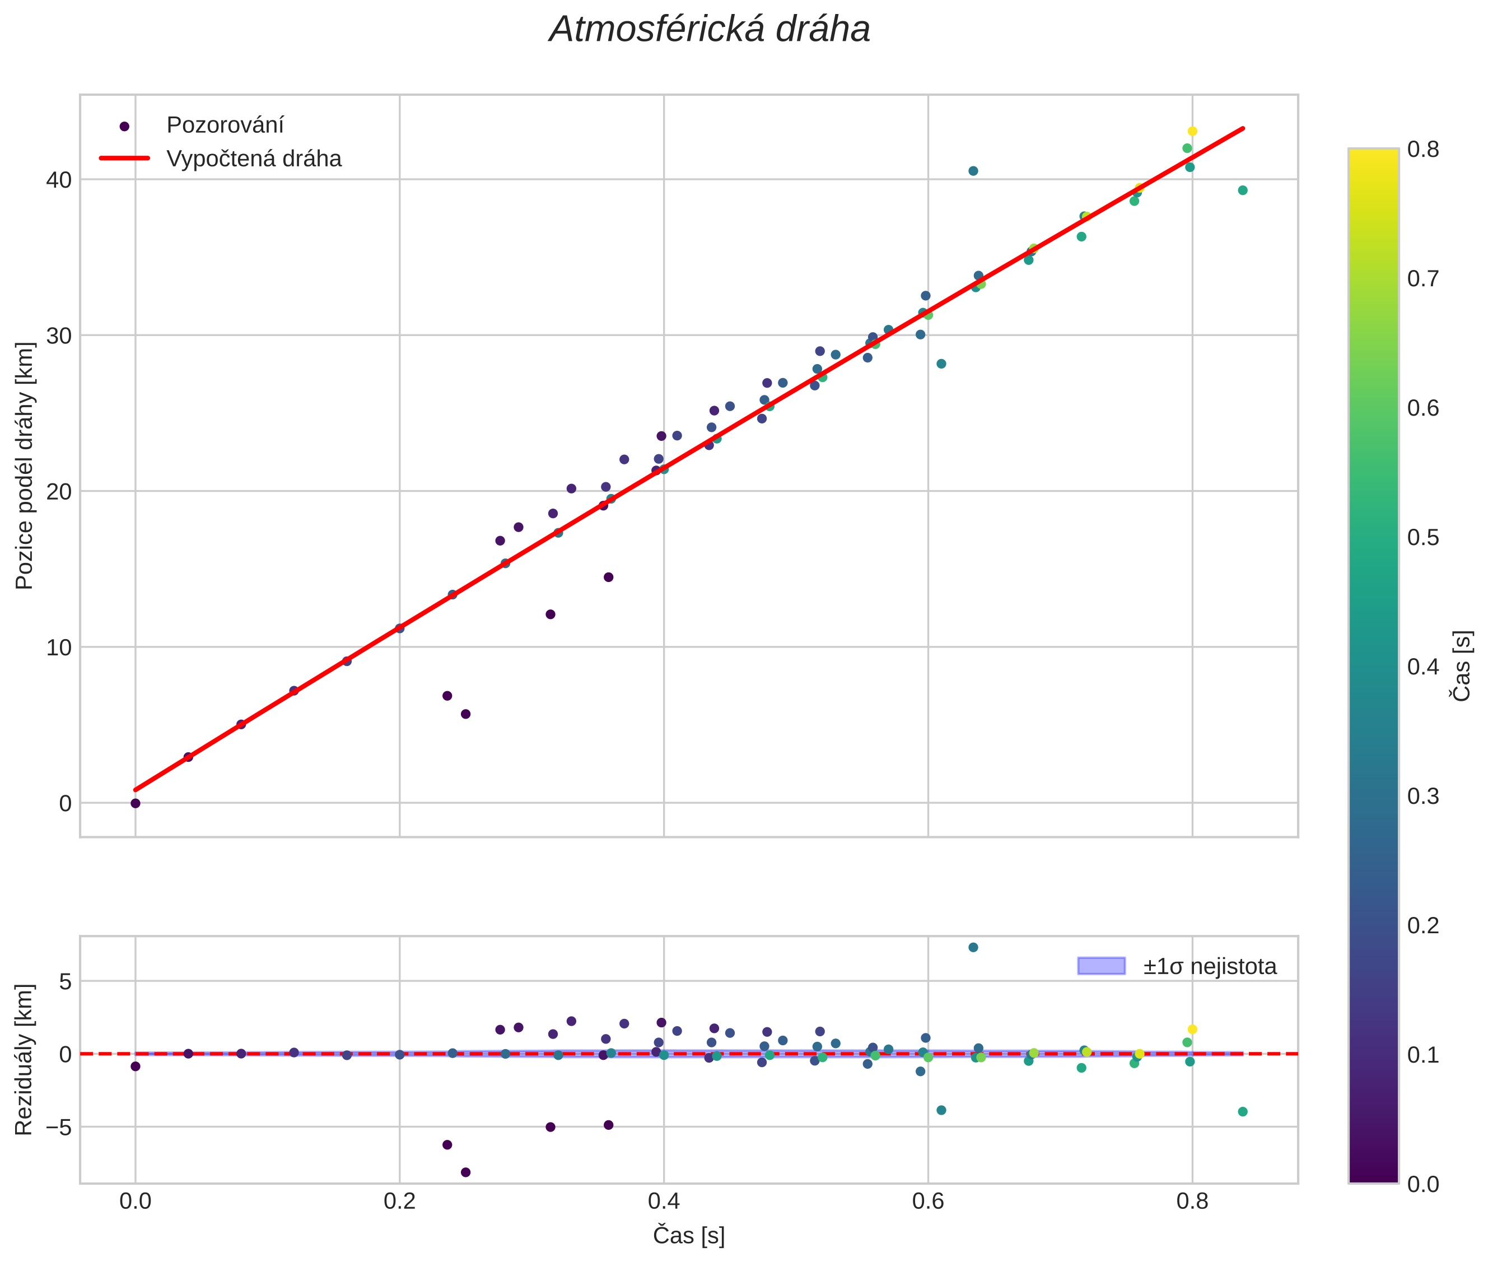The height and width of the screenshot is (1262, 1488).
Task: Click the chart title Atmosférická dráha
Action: coord(709,30)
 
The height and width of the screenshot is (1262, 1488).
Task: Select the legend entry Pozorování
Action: coord(225,125)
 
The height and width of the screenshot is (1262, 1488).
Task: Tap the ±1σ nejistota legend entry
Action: coord(1209,967)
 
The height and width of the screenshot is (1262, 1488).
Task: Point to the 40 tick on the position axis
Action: coord(60,180)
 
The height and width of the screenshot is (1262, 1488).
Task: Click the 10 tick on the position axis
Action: coord(60,648)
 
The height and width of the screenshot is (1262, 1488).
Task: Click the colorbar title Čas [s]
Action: coord(1463,666)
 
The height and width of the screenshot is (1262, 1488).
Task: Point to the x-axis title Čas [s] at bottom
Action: coord(688,1236)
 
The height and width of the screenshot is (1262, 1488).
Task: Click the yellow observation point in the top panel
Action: coord(1192,131)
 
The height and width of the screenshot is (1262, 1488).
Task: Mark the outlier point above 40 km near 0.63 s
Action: coord(973,171)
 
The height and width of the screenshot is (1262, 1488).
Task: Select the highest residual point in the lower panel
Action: coord(973,947)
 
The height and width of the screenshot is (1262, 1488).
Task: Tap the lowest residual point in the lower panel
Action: coord(466,1172)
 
